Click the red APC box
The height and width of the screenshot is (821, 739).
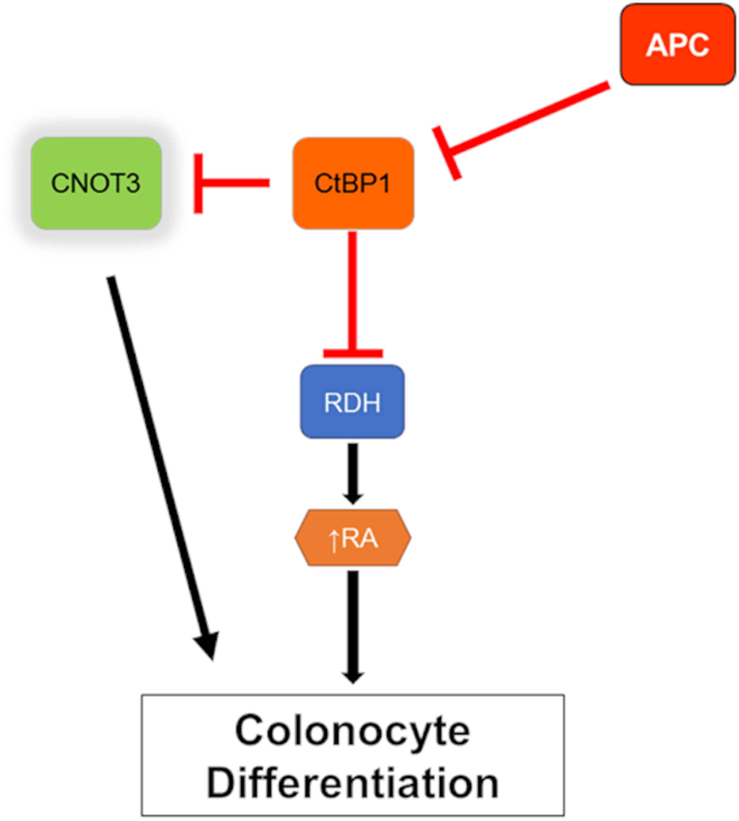pos(677,45)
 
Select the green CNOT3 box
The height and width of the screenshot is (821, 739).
pos(96,183)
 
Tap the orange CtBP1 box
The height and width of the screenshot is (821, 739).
pos(353,183)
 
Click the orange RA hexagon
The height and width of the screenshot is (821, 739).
pos(353,538)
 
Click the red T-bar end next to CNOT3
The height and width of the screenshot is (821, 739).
pos(198,183)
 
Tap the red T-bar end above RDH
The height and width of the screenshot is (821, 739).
pos(353,353)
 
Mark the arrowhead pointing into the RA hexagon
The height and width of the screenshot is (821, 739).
pos(353,498)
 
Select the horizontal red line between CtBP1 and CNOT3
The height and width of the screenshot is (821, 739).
pos(235,183)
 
